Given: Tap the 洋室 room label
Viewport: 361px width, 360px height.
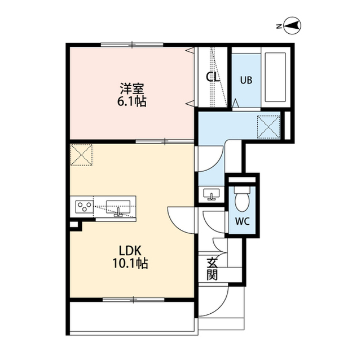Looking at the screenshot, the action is pos(132,88).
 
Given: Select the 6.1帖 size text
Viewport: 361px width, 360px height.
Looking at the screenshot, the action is pos(131,101).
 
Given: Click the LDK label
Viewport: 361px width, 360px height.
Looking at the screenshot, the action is pos(130,251).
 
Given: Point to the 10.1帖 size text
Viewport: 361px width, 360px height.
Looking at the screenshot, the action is pos(130,264).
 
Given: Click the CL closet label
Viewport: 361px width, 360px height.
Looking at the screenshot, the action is pos(213,77).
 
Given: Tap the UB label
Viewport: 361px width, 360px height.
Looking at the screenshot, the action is pos(246,80).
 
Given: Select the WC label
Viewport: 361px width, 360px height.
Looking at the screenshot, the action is pos(243,221).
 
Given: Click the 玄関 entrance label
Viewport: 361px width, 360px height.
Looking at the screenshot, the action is pos(212,269).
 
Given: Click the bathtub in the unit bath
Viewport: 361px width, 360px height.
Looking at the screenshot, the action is pos(275,77).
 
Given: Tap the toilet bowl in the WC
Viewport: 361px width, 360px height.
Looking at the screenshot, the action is pos(242,199).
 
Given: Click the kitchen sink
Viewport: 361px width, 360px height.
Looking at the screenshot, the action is pos(118,208).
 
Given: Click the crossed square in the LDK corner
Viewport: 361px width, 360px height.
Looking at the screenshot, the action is pos(81,155).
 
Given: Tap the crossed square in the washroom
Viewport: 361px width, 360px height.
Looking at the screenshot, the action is pos(268,127).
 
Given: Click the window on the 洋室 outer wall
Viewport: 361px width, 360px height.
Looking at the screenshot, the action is pos(132,45).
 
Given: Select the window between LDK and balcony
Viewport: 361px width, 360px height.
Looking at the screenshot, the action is pos(133,299).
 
